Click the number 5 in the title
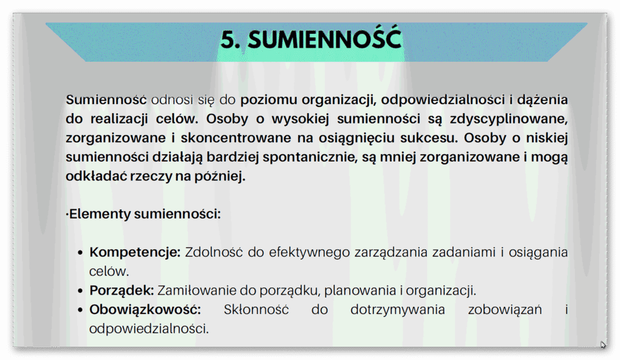pyautogui.click(x=228, y=41)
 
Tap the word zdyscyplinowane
pyautogui.click(x=511, y=119)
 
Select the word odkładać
pyautogui.click(x=92, y=177)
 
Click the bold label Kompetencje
pyautogui.click(x=135, y=252)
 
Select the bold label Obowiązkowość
pyautogui.click(x=145, y=310)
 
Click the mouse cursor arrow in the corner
pyautogui.click(x=603, y=345)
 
